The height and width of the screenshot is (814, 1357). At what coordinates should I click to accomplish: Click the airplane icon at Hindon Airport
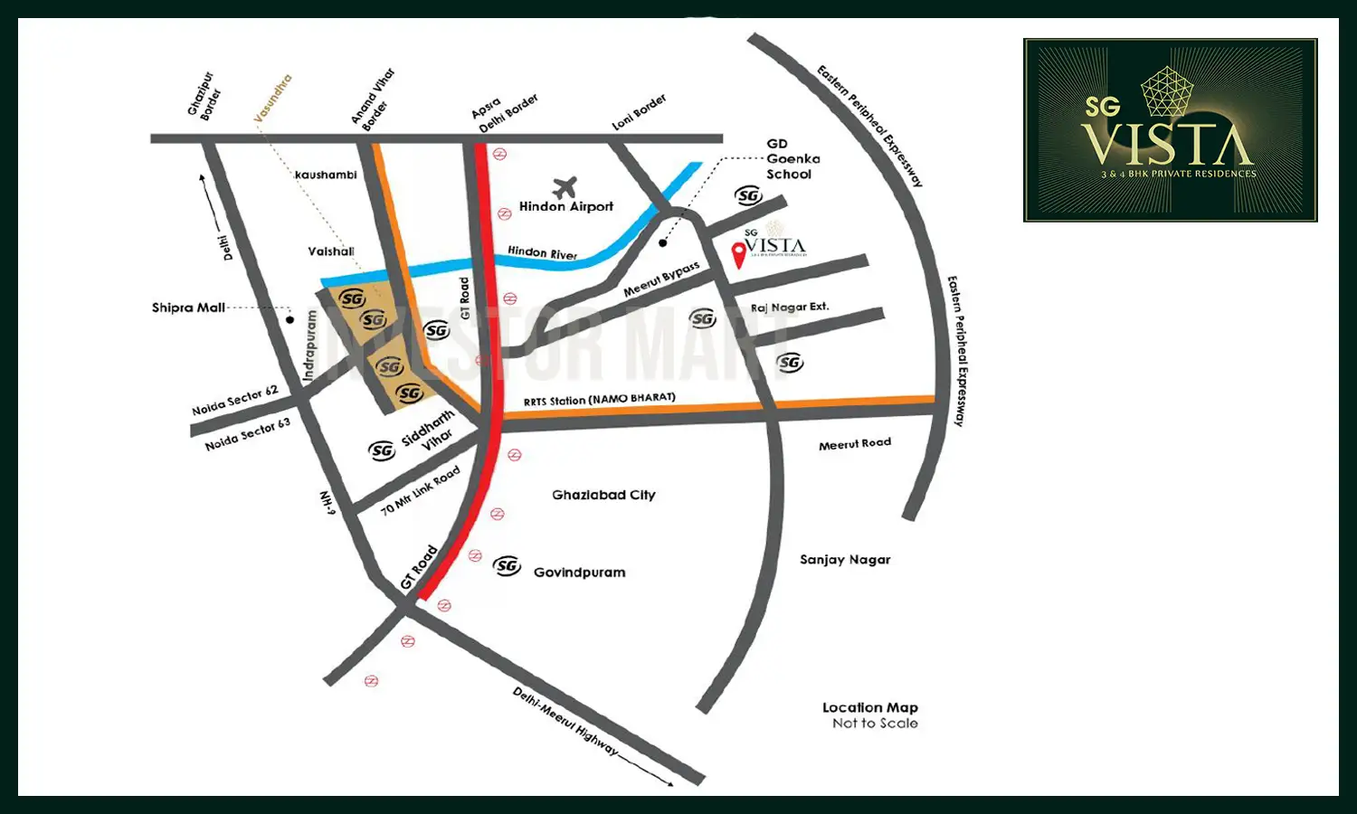pyautogui.click(x=565, y=187)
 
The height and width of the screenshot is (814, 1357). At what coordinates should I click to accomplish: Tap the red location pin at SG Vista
pyautogui.click(x=739, y=254)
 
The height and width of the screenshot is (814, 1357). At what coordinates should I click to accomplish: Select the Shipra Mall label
pyautogui.click(x=188, y=308)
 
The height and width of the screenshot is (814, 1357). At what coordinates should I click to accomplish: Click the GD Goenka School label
pyautogui.click(x=792, y=159)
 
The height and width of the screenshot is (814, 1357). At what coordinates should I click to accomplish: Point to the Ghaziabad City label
pyautogui.click(x=603, y=495)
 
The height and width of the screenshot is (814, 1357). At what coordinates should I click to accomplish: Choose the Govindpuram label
pyautogui.click(x=579, y=573)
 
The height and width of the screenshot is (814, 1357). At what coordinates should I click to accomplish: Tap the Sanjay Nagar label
pyautogui.click(x=845, y=560)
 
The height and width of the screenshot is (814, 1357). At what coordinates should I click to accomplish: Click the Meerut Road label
pyautogui.click(x=855, y=443)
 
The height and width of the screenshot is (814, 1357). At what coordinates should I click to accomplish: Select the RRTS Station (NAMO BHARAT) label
pyautogui.click(x=599, y=399)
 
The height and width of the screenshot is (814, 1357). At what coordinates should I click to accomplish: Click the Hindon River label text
pyautogui.click(x=542, y=252)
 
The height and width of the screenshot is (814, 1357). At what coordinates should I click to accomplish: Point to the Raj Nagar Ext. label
pyautogui.click(x=790, y=308)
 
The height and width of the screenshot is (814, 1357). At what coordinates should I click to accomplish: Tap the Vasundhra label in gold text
pyautogui.click(x=272, y=99)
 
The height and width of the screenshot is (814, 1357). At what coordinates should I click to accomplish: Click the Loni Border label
pyautogui.click(x=639, y=112)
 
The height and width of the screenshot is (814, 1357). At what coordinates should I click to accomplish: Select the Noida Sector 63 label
pyautogui.click(x=247, y=434)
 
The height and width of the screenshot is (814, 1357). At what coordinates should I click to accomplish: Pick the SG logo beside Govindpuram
pyautogui.click(x=507, y=566)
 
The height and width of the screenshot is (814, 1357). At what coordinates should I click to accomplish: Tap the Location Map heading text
pyautogui.click(x=869, y=707)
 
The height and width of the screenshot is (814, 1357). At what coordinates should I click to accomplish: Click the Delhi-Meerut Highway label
pyautogui.click(x=565, y=722)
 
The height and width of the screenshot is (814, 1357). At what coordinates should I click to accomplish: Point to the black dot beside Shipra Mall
pyautogui.click(x=289, y=319)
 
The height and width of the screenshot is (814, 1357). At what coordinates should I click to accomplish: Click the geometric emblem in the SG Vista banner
pyautogui.click(x=1167, y=91)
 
